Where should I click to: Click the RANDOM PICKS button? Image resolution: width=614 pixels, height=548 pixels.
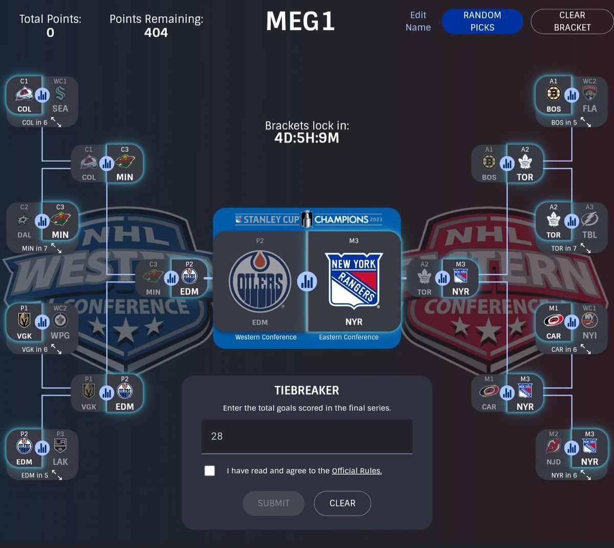pyautogui.click(x=482, y=21)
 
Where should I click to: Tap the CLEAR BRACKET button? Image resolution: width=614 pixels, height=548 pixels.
pyautogui.click(x=572, y=21)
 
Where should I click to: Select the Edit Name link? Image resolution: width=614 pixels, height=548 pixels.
pyautogui.click(x=418, y=21)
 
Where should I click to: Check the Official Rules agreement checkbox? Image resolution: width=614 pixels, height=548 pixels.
pyautogui.click(x=209, y=471)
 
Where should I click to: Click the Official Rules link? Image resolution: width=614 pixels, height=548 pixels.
pyautogui.click(x=357, y=471)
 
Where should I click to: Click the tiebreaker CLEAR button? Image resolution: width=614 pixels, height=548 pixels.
pyautogui.click(x=342, y=503)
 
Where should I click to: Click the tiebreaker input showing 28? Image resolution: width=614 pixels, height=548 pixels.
pyautogui.click(x=306, y=436)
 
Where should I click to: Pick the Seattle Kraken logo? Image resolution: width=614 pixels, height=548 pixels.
pyautogui.click(x=60, y=93)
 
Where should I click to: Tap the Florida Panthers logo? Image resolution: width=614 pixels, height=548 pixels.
pyautogui.click(x=589, y=93)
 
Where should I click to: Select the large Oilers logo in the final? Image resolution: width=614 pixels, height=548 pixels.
pyautogui.click(x=260, y=281)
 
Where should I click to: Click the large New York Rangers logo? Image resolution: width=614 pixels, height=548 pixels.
pyautogui.click(x=354, y=281)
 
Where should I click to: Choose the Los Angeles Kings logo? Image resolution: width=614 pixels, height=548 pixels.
pyautogui.click(x=60, y=446)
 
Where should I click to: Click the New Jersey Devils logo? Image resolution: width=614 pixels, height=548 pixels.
pyautogui.click(x=554, y=446)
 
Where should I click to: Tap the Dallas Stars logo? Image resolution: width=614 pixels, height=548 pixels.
pyautogui.click(x=24, y=219)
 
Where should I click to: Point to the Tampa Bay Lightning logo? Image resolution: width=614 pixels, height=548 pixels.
pyautogui.click(x=589, y=219)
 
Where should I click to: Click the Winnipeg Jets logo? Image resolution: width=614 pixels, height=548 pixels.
pyautogui.click(x=60, y=320)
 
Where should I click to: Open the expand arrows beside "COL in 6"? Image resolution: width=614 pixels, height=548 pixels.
pyautogui.click(x=56, y=122)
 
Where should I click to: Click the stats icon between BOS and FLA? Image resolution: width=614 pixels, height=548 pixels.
pyautogui.click(x=572, y=96)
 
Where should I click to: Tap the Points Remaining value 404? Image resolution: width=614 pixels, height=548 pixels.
pyautogui.click(x=156, y=33)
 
